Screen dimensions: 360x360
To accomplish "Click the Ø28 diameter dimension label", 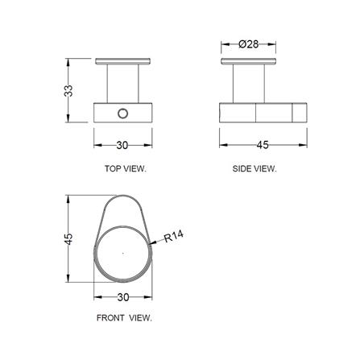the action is [248, 44].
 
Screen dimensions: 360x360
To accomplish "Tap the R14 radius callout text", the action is [174, 236].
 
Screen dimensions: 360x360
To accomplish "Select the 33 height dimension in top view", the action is [68, 91].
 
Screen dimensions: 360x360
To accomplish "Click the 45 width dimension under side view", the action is [263, 145].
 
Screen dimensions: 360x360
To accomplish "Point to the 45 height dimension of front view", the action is [68, 239].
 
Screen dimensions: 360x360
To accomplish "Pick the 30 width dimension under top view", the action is [122, 145].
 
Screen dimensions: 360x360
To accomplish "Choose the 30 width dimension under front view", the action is [123, 297].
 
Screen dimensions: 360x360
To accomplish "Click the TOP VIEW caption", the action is [126, 169].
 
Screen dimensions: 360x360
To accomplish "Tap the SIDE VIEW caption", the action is [254, 169].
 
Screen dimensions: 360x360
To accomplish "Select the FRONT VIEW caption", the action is [124, 318].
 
